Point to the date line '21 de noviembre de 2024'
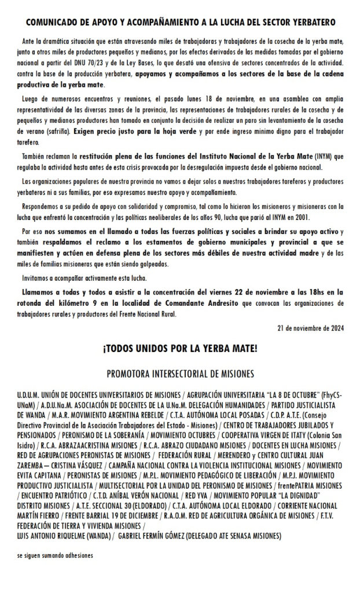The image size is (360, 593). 310,328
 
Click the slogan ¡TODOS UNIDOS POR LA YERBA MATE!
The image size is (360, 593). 180,349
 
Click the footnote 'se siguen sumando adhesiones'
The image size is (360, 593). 55,555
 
